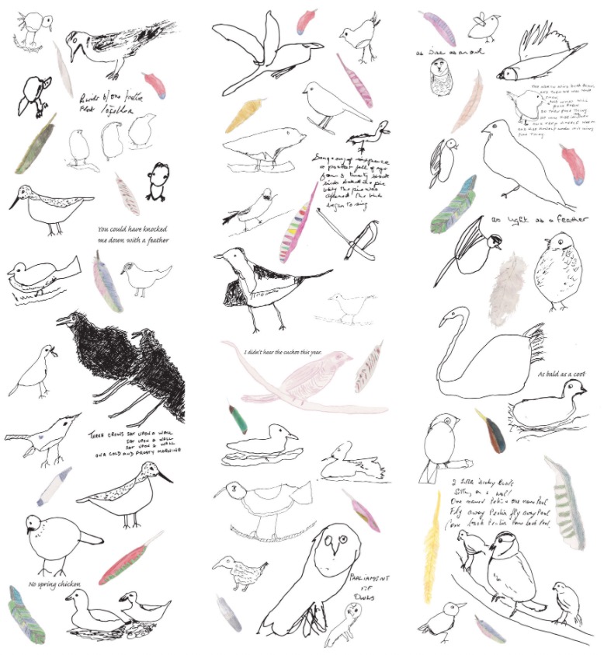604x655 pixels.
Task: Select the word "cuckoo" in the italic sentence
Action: [x=308, y=351]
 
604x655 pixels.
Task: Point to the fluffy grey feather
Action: [x=510, y=287]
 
